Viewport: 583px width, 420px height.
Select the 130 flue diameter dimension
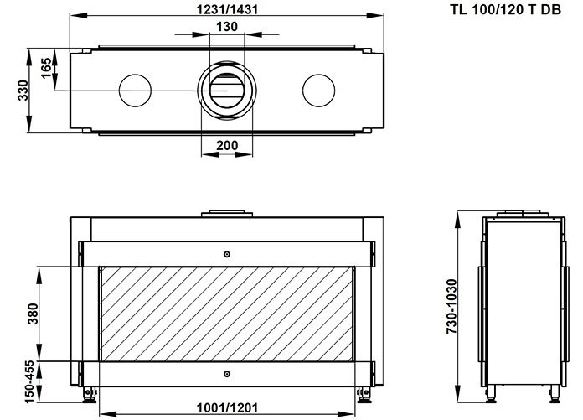225,27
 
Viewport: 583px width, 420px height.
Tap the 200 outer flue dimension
226,145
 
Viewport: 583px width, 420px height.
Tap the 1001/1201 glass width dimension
225,408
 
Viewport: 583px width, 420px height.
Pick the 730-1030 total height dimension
450,307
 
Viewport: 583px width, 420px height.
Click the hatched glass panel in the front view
225,314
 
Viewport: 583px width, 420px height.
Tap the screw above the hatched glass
226,254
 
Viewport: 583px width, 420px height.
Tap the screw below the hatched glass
226,374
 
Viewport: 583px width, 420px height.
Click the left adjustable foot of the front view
89,391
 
